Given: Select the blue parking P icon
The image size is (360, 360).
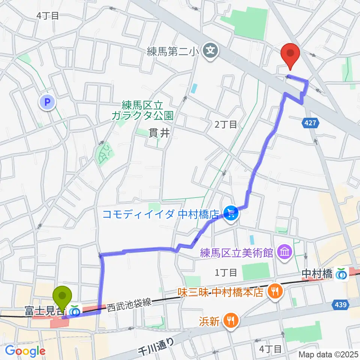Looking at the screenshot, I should point(48,102).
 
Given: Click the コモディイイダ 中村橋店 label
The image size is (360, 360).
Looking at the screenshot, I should point(160,214).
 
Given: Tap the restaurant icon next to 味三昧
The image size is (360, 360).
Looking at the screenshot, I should point(275,291).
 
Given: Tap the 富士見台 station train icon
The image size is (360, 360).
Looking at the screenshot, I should point(75,311).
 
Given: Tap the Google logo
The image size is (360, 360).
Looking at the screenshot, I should point(25,351).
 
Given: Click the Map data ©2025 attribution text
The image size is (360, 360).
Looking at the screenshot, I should point(328,354).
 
